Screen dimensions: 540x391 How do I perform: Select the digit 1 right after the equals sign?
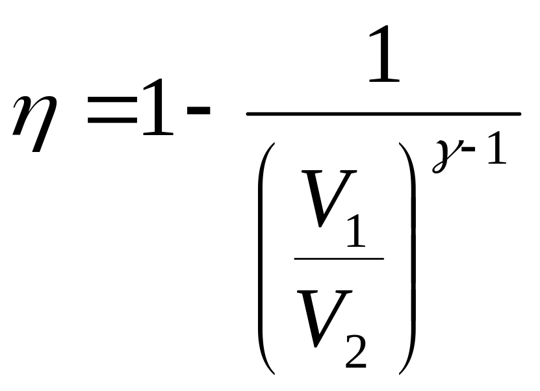pos(158,107)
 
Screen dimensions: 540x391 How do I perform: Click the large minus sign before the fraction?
pos(198,110)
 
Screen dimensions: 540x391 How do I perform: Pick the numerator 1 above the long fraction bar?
pos(384,54)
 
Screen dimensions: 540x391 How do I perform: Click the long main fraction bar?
pos(383,114)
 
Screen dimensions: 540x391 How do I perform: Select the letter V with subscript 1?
pos(329,199)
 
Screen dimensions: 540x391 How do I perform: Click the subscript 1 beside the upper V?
pos(356,231)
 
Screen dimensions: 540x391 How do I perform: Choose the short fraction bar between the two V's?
pos(339,259)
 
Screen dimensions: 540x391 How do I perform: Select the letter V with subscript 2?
pos(324,319)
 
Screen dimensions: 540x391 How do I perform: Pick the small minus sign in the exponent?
pos(469,149)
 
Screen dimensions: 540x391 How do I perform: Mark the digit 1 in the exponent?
pos(496,148)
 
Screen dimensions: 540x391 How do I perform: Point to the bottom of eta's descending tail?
pos(36,151)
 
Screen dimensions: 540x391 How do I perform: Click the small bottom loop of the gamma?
pos(437,168)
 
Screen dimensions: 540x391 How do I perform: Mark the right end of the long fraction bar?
pos(520,114)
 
